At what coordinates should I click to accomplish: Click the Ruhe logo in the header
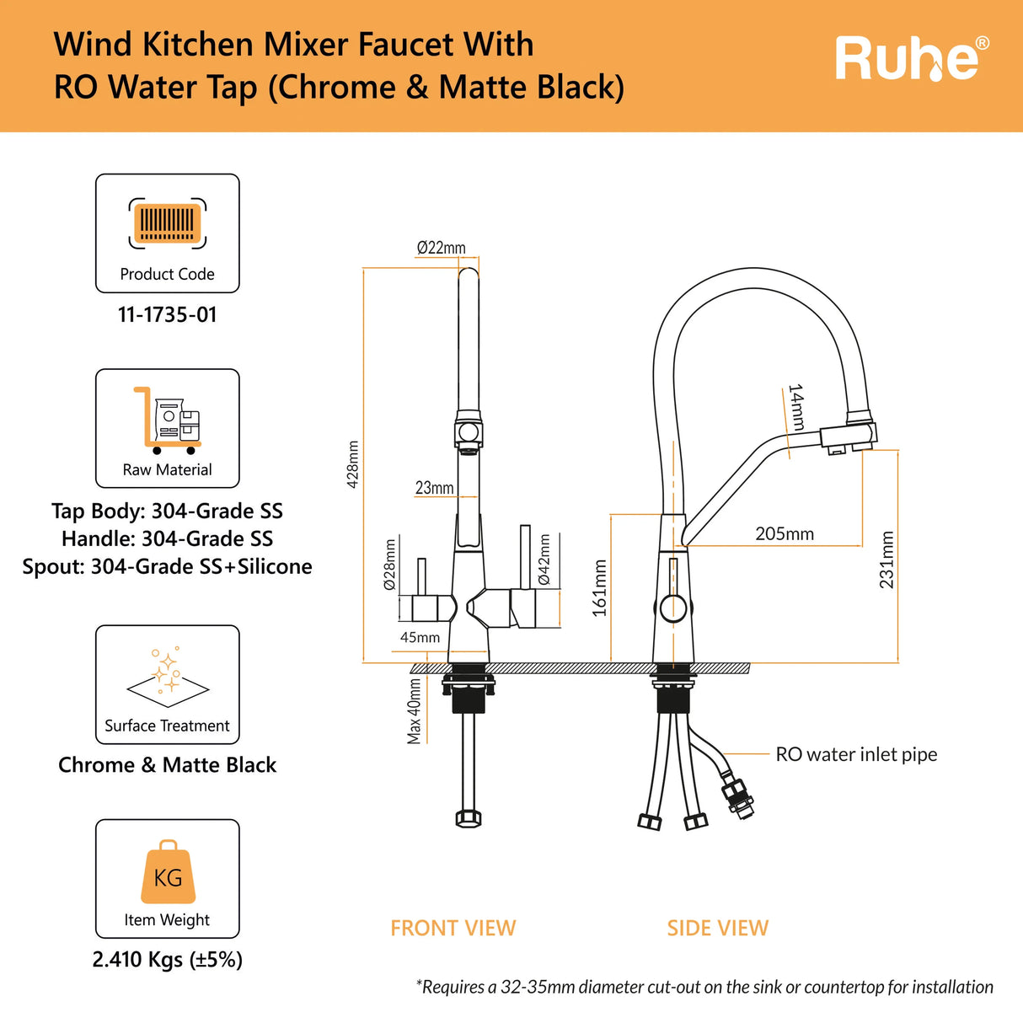(912, 58)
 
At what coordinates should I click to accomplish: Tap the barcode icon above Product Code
(167, 223)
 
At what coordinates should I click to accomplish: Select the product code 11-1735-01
(167, 315)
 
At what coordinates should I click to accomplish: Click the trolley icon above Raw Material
(167, 420)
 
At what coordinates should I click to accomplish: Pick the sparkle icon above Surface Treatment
(168, 677)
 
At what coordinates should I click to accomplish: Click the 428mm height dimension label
(352, 464)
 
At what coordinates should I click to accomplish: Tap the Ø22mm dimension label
(442, 248)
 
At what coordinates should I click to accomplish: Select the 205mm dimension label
(785, 533)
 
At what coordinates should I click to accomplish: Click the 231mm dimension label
(886, 560)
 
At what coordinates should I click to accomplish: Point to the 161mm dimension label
(599, 588)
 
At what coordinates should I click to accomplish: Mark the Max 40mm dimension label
(414, 711)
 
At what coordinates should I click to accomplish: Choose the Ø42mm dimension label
(544, 559)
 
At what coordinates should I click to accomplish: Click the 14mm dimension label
(795, 407)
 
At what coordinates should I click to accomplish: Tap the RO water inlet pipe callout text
(856, 754)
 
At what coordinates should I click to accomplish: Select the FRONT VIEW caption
(453, 928)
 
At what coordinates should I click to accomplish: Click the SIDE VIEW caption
(718, 928)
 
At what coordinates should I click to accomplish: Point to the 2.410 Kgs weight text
(167, 959)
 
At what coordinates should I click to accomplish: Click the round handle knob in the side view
(672, 608)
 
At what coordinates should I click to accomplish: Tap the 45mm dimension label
(420, 637)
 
